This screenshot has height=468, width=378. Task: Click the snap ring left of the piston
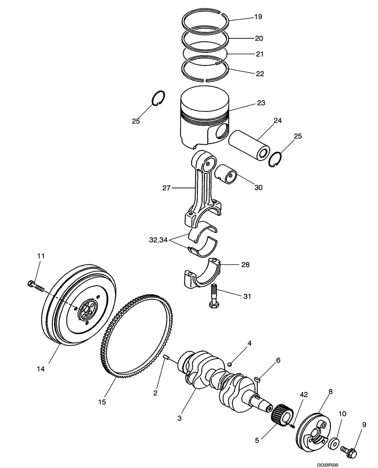[159, 97]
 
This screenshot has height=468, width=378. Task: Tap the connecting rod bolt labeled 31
[213, 296]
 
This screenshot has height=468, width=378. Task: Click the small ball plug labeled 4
[231, 364]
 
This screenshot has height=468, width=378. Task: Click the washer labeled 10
[335, 443]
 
